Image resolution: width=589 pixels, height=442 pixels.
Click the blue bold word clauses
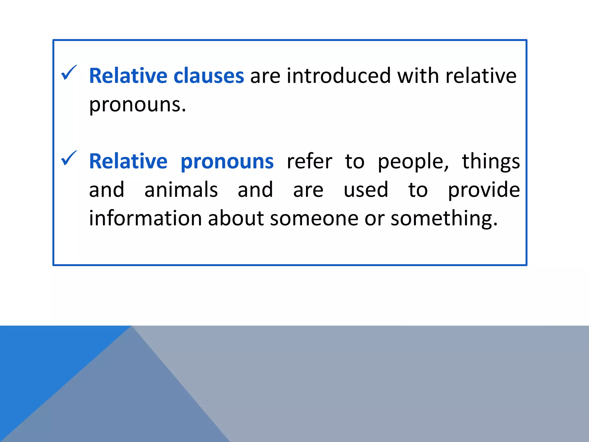pyautogui.click(x=209, y=76)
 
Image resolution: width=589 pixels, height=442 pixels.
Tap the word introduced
pyautogui.click(x=339, y=76)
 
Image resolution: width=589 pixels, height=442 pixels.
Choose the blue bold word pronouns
pyautogui.click(x=227, y=162)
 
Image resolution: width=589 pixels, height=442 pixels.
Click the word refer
pyautogui.click(x=309, y=161)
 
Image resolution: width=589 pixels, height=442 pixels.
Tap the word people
pyautogui.click(x=413, y=162)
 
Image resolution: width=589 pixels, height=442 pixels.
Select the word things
pyautogui.click(x=491, y=162)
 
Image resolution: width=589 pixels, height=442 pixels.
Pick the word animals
pyautogui.click(x=181, y=190)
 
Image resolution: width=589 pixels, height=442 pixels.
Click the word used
pyautogui.click(x=366, y=190)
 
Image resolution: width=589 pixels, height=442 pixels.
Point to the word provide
pyautogui.click(x=484, y=190)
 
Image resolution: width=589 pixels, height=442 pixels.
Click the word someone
pyautogui.click(x=314, y=219)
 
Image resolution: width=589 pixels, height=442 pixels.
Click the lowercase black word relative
pyautogui.click(x=481, y=76)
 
